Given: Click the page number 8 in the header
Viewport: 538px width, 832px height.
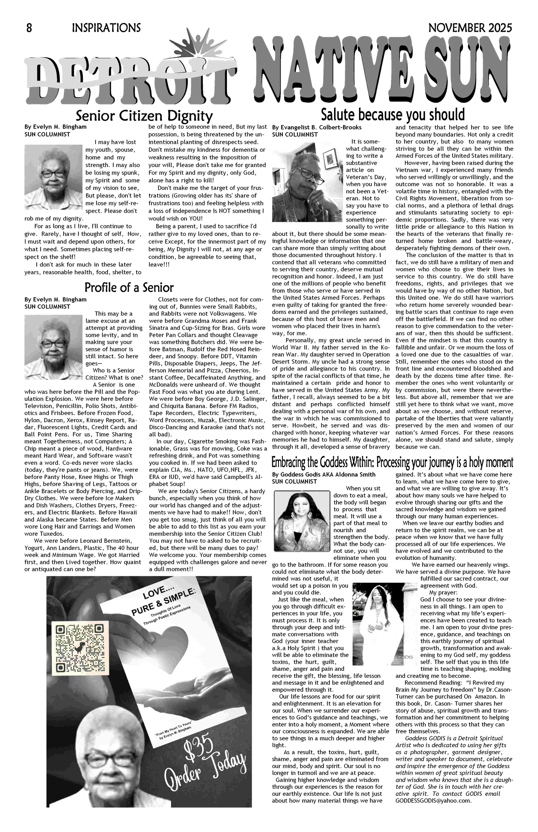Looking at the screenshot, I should click(x=29, y=28).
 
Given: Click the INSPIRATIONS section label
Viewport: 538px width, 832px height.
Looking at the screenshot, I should click(x=106, y=28).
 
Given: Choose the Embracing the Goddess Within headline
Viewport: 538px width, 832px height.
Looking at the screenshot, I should click(x=392, y=462).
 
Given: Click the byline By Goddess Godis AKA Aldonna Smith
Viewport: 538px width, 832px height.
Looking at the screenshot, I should click(x=323, y=474).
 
